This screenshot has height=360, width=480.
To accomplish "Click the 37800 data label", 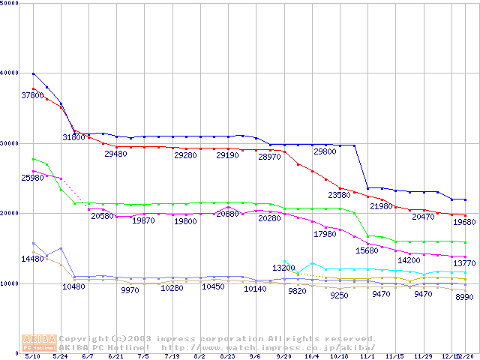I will (x=32, y=95).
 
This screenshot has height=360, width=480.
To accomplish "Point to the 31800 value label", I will (x=73, y=137).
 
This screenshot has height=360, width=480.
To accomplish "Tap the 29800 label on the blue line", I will (x=325, y=151).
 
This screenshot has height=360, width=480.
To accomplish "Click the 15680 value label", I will (x=367, y=250).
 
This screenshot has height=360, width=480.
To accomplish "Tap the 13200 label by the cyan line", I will (x=283, y=268).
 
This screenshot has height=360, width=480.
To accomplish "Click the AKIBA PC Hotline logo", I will (x=39, y=343).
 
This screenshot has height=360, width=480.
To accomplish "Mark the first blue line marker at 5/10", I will (x=34, y=73).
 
